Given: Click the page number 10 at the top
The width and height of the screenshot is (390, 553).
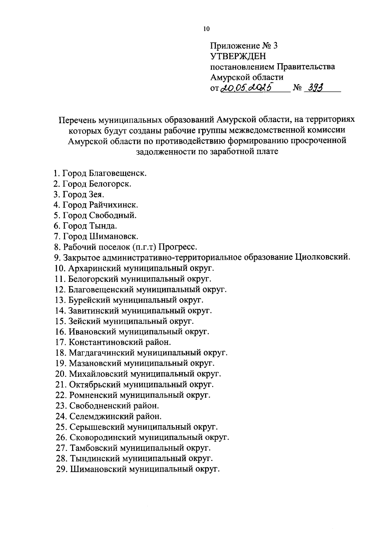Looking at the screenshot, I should point(206,29).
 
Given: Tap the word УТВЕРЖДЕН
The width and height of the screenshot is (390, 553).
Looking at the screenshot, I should point(238,57).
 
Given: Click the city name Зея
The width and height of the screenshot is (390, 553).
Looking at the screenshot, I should point(96,194).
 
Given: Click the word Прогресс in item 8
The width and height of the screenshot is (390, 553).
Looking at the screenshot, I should point(178,247).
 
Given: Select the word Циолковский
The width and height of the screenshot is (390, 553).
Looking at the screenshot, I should point(323,258).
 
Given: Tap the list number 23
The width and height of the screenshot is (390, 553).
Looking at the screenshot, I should point(61,406).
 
